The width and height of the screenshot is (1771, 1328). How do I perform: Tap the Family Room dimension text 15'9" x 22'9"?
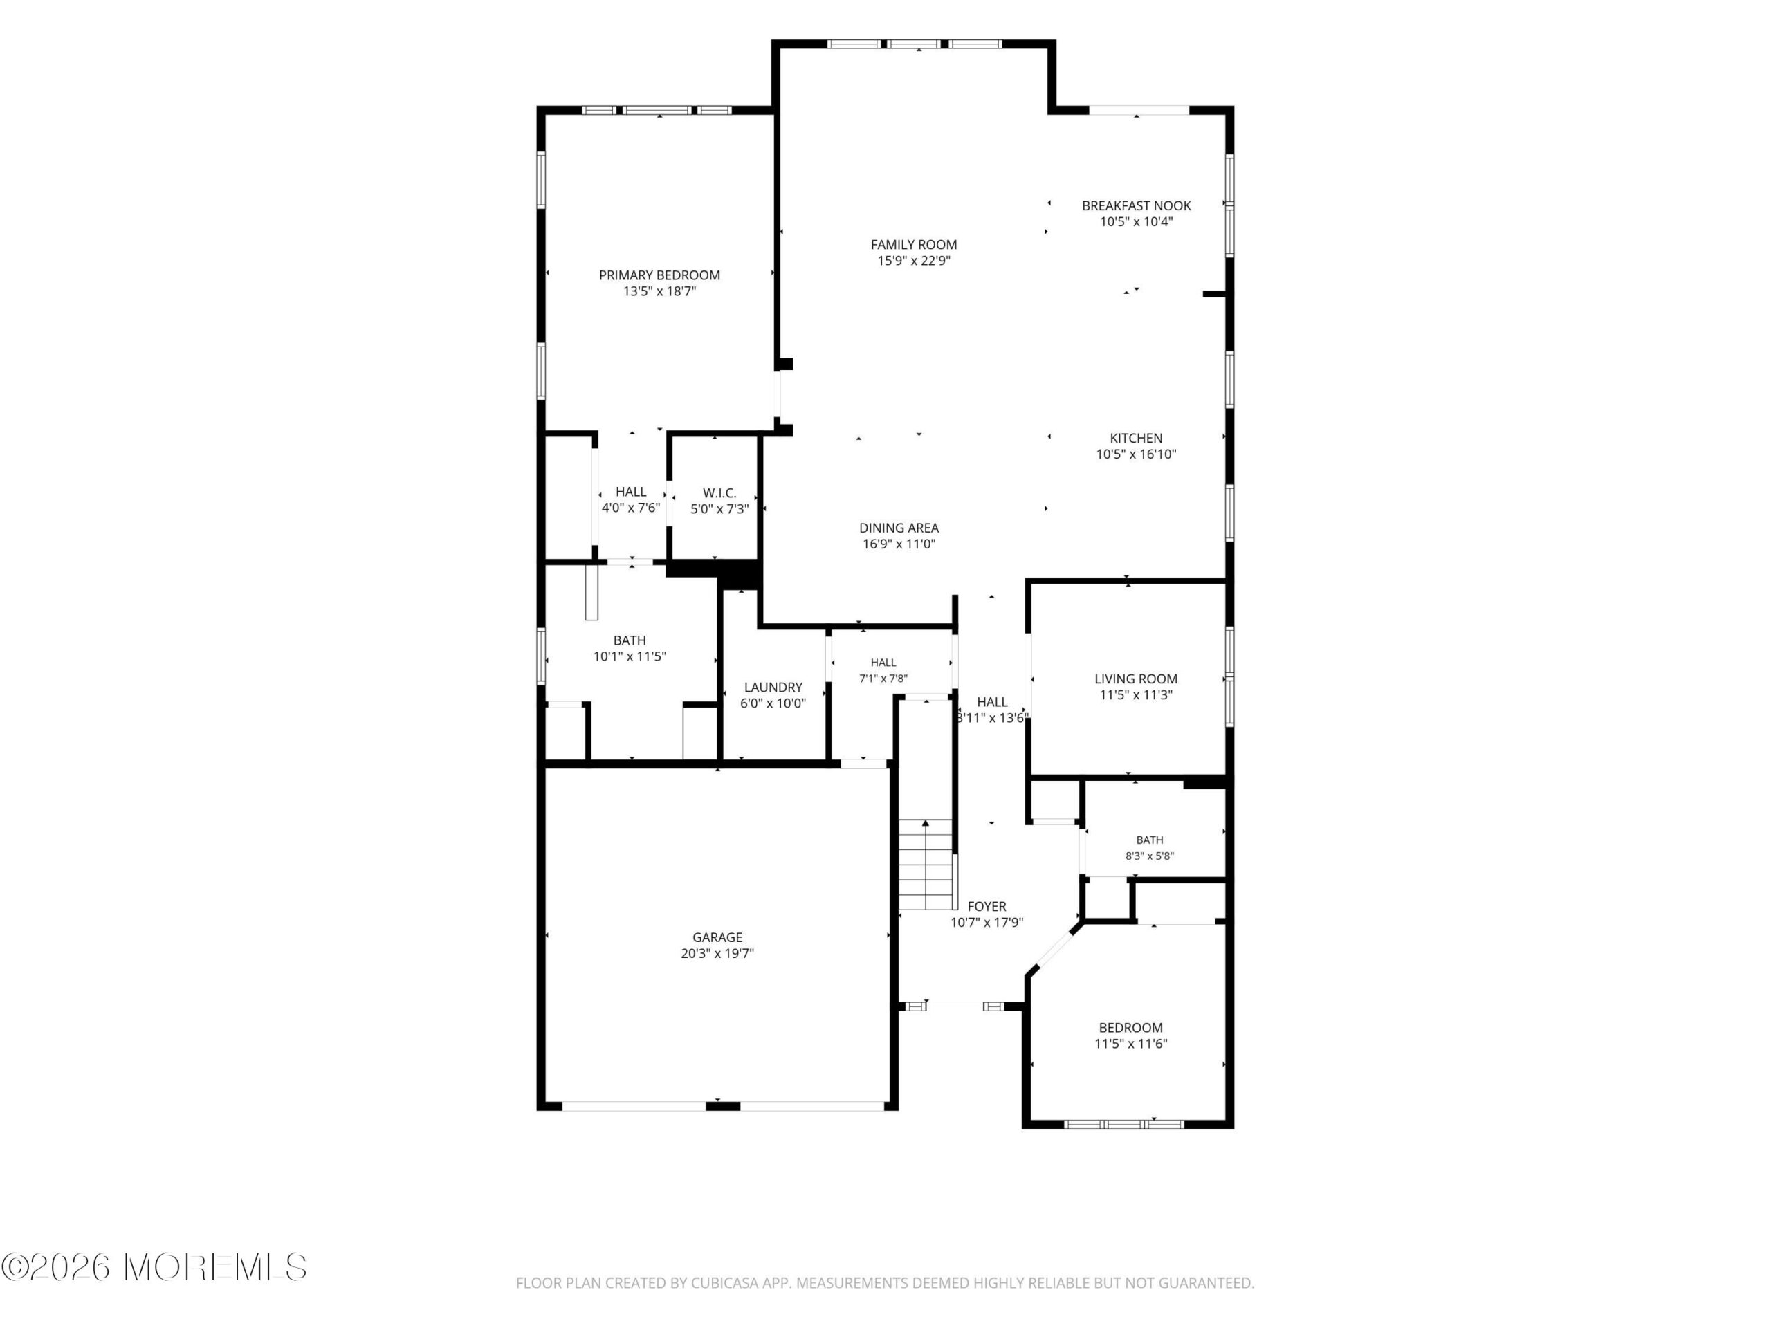[914, 261]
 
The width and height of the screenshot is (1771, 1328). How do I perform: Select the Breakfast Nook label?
[1136, 205]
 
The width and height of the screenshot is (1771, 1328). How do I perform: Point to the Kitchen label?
[1136, 438]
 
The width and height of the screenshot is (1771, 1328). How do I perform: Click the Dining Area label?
[899, 528]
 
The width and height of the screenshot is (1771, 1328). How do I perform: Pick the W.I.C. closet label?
[719, 493]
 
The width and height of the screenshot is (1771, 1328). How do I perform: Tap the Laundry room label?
[773, 687]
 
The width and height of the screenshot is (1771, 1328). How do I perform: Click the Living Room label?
[1136, 679]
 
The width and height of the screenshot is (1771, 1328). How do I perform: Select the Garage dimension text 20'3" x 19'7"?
[717, 953]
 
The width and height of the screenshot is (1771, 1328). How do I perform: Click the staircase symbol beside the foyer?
[927, 865]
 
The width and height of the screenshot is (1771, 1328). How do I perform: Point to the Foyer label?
[987, 906]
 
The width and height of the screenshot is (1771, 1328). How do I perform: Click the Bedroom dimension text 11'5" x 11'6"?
[1130, 1044]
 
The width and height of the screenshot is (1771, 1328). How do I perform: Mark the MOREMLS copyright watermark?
[154, 1267]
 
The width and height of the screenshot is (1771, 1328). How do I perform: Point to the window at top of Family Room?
[914, 44]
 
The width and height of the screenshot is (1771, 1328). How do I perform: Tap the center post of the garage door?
[722, 1106]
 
